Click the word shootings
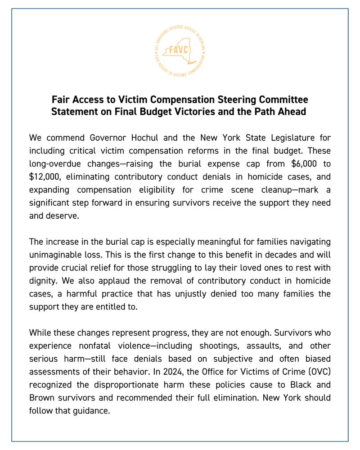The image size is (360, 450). [200, 346]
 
